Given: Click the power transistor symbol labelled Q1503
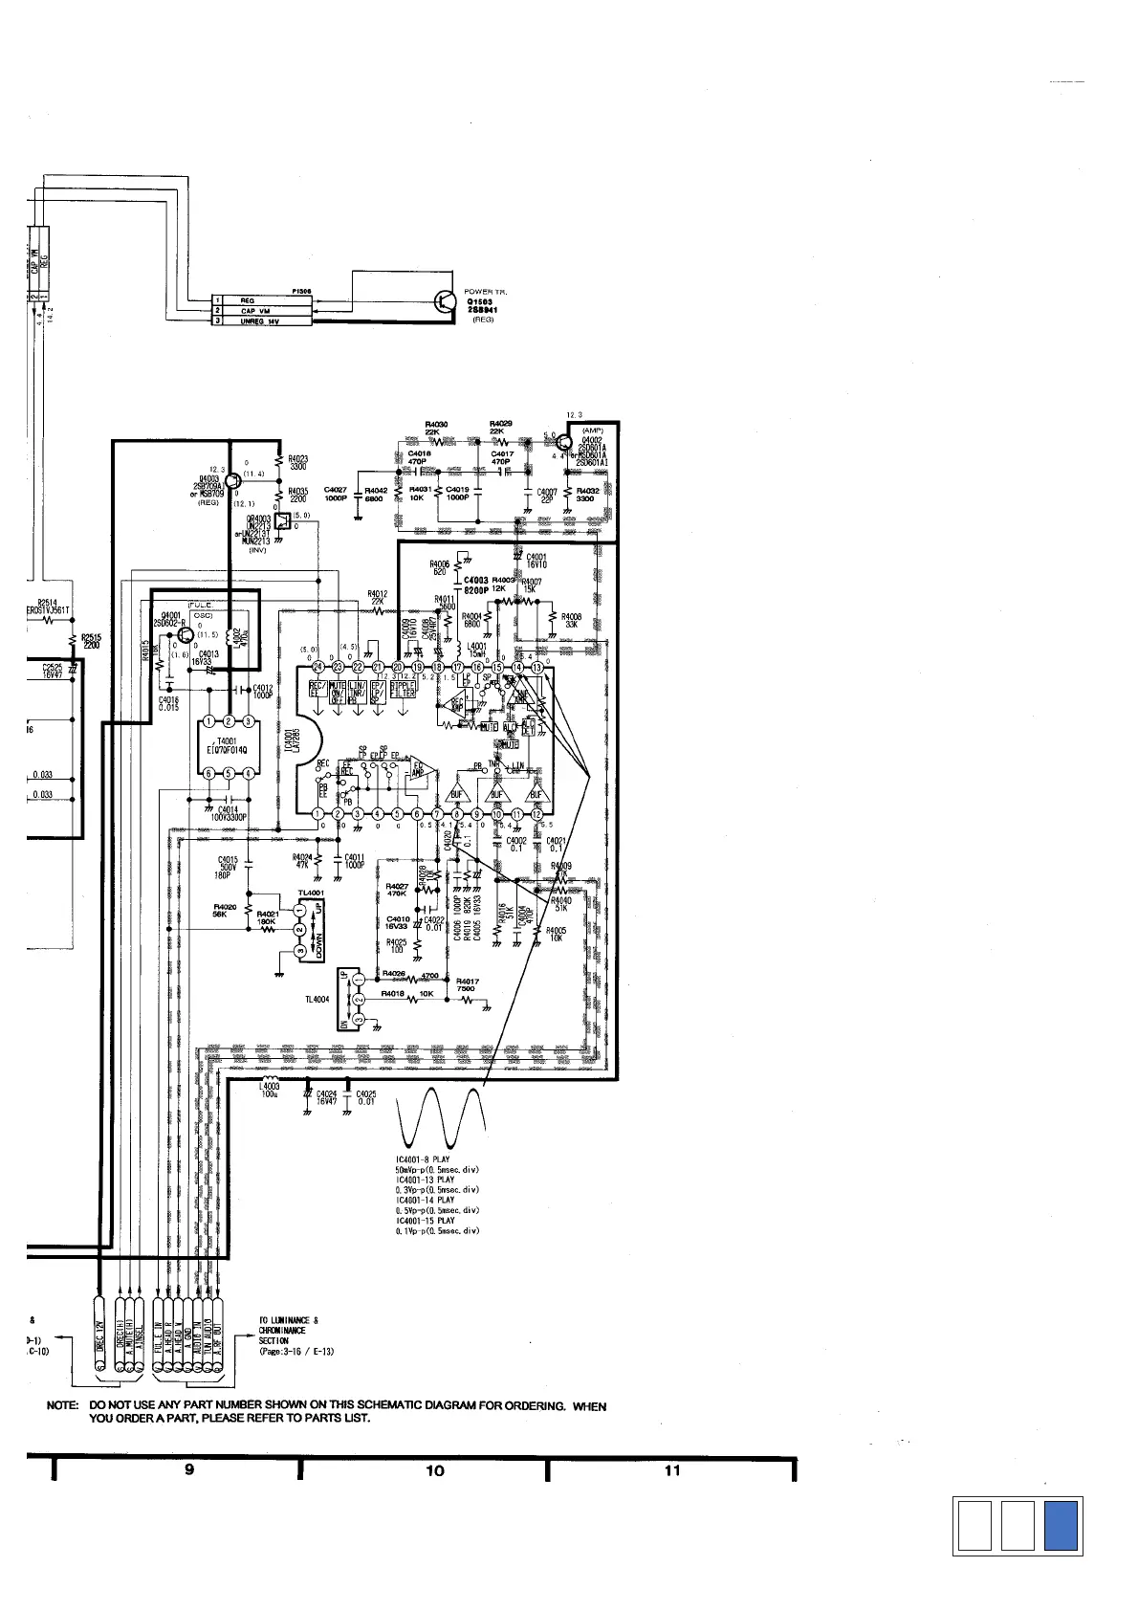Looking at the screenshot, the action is [447, 300].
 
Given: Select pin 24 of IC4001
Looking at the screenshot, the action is [317, 667].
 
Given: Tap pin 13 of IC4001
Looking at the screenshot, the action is [537, 667].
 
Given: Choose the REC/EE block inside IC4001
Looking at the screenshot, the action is [317, 691].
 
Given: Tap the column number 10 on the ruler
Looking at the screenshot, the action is [435, 1470].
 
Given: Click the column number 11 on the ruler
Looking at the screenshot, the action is [672, 1470].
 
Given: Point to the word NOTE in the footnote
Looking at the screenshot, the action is [63, 1406].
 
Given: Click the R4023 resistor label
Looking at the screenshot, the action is [297, 462].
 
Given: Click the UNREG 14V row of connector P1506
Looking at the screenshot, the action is [260, 321].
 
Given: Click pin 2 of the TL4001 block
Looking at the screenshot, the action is [299, 929].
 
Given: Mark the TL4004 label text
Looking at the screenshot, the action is [317, 1000].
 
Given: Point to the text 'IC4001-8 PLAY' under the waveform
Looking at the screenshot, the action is [423, 1159].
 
